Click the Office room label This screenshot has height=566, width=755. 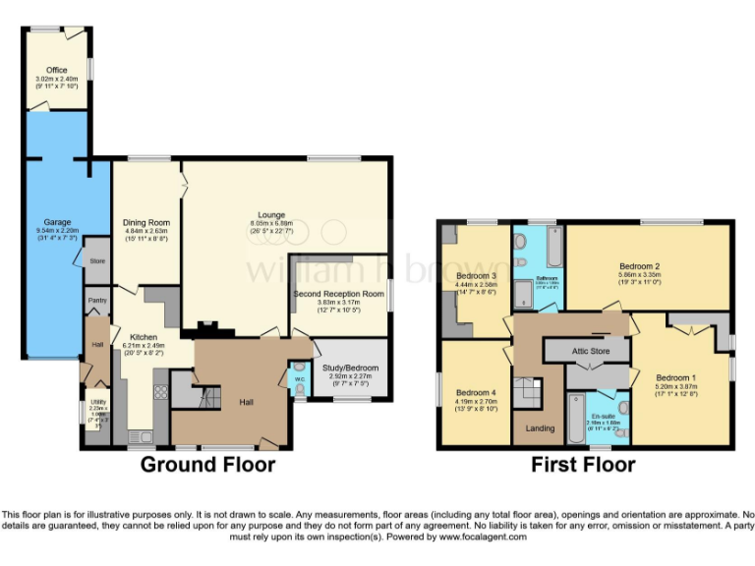pos(57,70)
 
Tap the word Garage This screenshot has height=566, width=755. pos(57,223)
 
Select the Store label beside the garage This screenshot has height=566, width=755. pos(96,261)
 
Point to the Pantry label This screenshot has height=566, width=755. pos(97,301)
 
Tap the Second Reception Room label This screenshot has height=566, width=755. pos(338,294)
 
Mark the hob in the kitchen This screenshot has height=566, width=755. pos(160,393)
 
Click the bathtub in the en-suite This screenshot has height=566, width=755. pos(576,418)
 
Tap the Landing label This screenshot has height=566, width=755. pos(540,428)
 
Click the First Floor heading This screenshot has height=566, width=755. pos(583,465)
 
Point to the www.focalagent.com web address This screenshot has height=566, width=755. pos(482,538)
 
